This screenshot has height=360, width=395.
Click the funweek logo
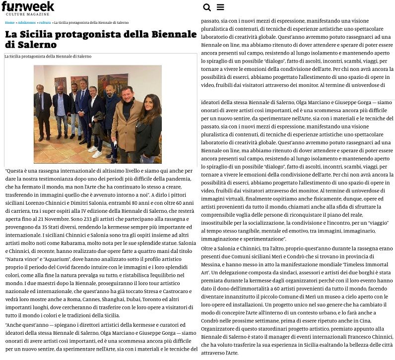pos(28,8)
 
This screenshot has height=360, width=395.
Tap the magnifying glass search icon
pos(207,7)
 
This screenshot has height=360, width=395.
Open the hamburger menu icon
pos(220,7)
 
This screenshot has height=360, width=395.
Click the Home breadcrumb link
pos(9,23)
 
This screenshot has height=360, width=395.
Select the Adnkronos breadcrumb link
pos(27,23)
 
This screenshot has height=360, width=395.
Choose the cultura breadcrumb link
pos(45,23)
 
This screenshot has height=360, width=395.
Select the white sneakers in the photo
pos(95,151)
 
